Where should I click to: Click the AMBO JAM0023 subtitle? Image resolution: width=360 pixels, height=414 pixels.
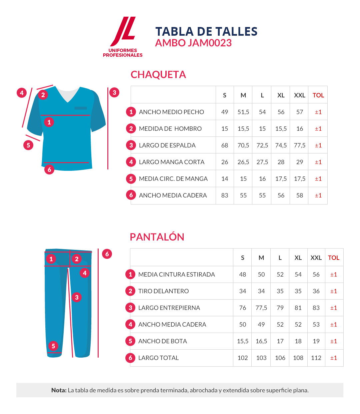coord(193,43)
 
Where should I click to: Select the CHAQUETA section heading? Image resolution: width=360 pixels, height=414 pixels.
coord(158,74)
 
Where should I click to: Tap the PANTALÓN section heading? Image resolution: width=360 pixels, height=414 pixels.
coord(157,237)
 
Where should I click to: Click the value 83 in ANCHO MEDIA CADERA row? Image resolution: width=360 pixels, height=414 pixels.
coord(225,195)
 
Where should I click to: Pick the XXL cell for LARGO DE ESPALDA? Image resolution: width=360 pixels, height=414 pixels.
coord(299,145)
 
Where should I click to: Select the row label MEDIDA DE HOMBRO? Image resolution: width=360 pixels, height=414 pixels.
coord(170,129)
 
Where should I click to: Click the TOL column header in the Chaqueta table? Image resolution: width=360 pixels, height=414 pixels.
coord(318,95)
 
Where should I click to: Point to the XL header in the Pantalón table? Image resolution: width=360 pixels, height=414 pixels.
coord(298,258)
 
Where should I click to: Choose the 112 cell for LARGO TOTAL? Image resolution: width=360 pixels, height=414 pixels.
coord(316,358)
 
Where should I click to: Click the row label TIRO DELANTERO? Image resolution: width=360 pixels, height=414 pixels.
coord(163,291)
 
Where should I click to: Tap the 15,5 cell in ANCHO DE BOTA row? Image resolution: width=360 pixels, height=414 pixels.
coord(242,341)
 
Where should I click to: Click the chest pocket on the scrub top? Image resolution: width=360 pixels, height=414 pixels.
coord(80,108)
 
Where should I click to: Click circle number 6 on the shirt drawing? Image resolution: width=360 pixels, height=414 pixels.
coord(49,169)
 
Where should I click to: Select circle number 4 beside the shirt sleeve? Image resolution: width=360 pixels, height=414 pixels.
coord(22,93)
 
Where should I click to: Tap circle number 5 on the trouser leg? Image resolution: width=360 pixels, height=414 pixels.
coord(53,346)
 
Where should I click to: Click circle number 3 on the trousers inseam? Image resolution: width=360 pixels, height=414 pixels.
coord(77,297)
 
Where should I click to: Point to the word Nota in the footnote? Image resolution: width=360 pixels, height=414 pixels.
coord(59,390)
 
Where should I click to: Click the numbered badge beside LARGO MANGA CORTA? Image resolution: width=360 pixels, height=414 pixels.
coord(131,162)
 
